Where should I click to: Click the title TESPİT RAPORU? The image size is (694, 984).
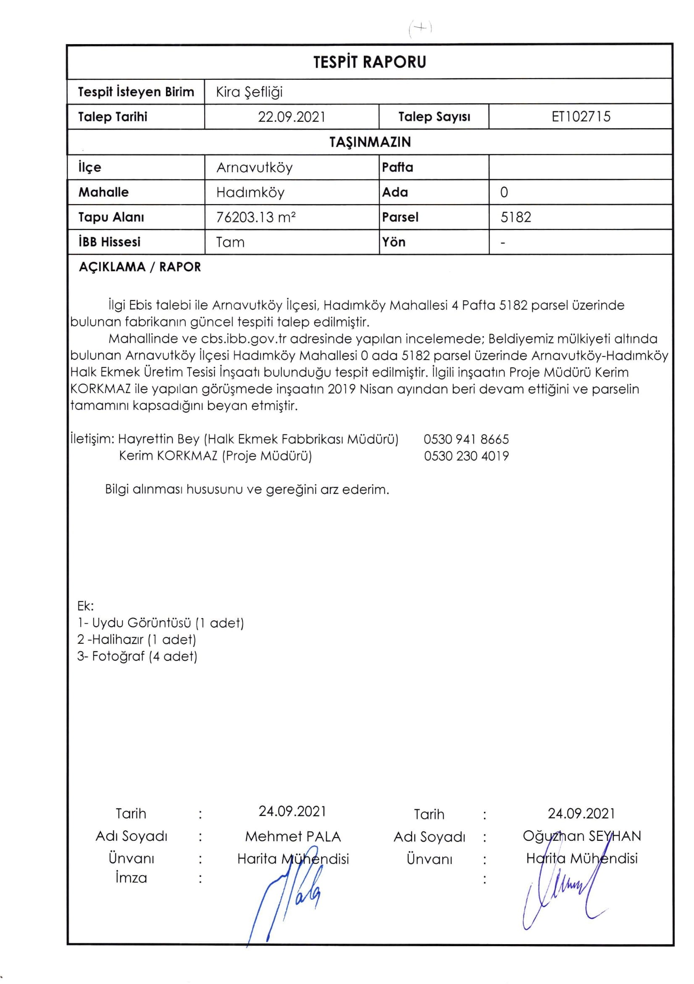coord(370,62)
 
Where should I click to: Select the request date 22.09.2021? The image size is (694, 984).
coord(292,117)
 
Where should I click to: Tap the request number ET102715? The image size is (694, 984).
coord(581,116)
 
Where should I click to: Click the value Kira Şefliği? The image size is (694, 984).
coord(249,92)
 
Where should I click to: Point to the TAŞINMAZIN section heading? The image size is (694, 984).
coord(370,142)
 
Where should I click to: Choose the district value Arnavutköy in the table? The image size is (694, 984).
coord(254,167)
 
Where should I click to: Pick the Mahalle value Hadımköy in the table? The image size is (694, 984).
coord(250,192)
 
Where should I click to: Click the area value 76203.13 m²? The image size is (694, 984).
coord(256,217)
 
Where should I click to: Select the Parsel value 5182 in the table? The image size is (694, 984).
coord(516,217)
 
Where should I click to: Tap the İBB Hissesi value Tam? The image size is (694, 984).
coord(230,242)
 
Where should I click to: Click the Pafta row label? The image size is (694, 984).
coord(397,167)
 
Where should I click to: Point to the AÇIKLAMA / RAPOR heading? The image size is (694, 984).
coord(140,267)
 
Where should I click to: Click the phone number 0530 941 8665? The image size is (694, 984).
coord(466,439)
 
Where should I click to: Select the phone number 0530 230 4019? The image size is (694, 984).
coord(466,456)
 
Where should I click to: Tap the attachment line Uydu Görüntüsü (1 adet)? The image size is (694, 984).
coord(160,623)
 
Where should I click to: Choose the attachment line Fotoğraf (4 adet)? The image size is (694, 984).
coord(137,656)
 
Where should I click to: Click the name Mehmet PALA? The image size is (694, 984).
coord(293,836)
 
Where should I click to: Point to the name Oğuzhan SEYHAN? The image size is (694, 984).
coord(582,836)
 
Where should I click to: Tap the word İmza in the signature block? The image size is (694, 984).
coord(131,878)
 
